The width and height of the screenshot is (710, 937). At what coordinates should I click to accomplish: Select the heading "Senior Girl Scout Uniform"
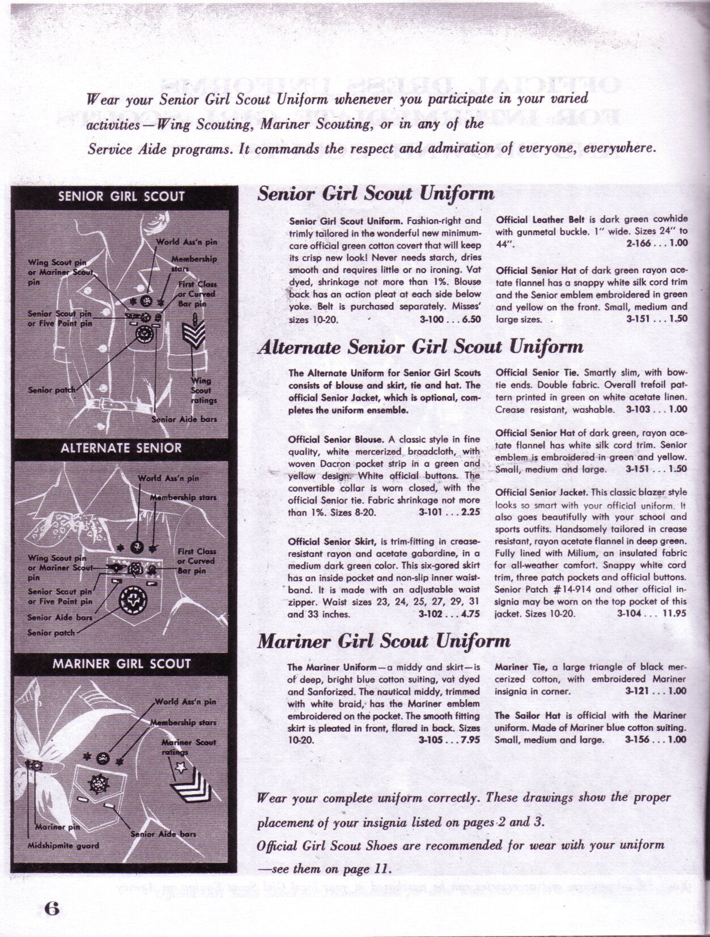click(376, 194)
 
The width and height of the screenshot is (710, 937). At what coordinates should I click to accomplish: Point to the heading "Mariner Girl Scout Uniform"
click(384, 641)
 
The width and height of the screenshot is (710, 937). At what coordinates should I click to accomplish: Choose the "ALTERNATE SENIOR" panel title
click(121, 448)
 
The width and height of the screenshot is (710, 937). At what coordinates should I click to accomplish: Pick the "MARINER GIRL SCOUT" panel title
click(121, 663)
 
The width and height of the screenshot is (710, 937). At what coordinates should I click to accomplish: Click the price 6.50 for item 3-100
click(471, 319)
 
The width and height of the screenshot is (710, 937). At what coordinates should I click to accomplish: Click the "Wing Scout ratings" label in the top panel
click(202, 390)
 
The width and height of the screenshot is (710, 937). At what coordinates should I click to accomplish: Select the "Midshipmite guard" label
click(63, 846)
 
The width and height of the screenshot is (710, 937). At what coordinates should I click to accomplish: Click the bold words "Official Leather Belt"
click(533, 219)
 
